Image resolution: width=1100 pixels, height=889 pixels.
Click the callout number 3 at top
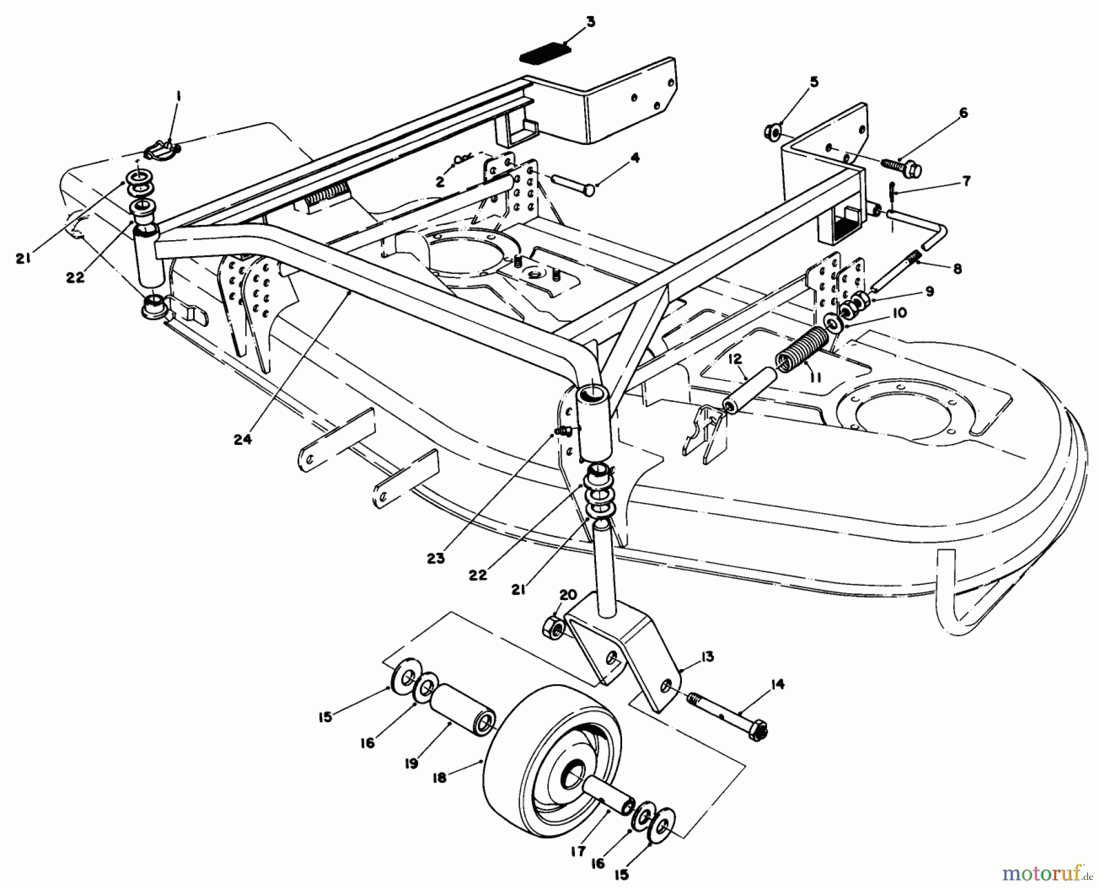coord(589,23)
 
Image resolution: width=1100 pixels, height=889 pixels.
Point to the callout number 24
coord(243,439)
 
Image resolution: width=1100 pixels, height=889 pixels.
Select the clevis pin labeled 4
coord(573,185)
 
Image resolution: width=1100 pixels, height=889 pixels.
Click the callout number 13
coord(708,657)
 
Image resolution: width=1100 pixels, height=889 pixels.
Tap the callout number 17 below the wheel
coord(578,851)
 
